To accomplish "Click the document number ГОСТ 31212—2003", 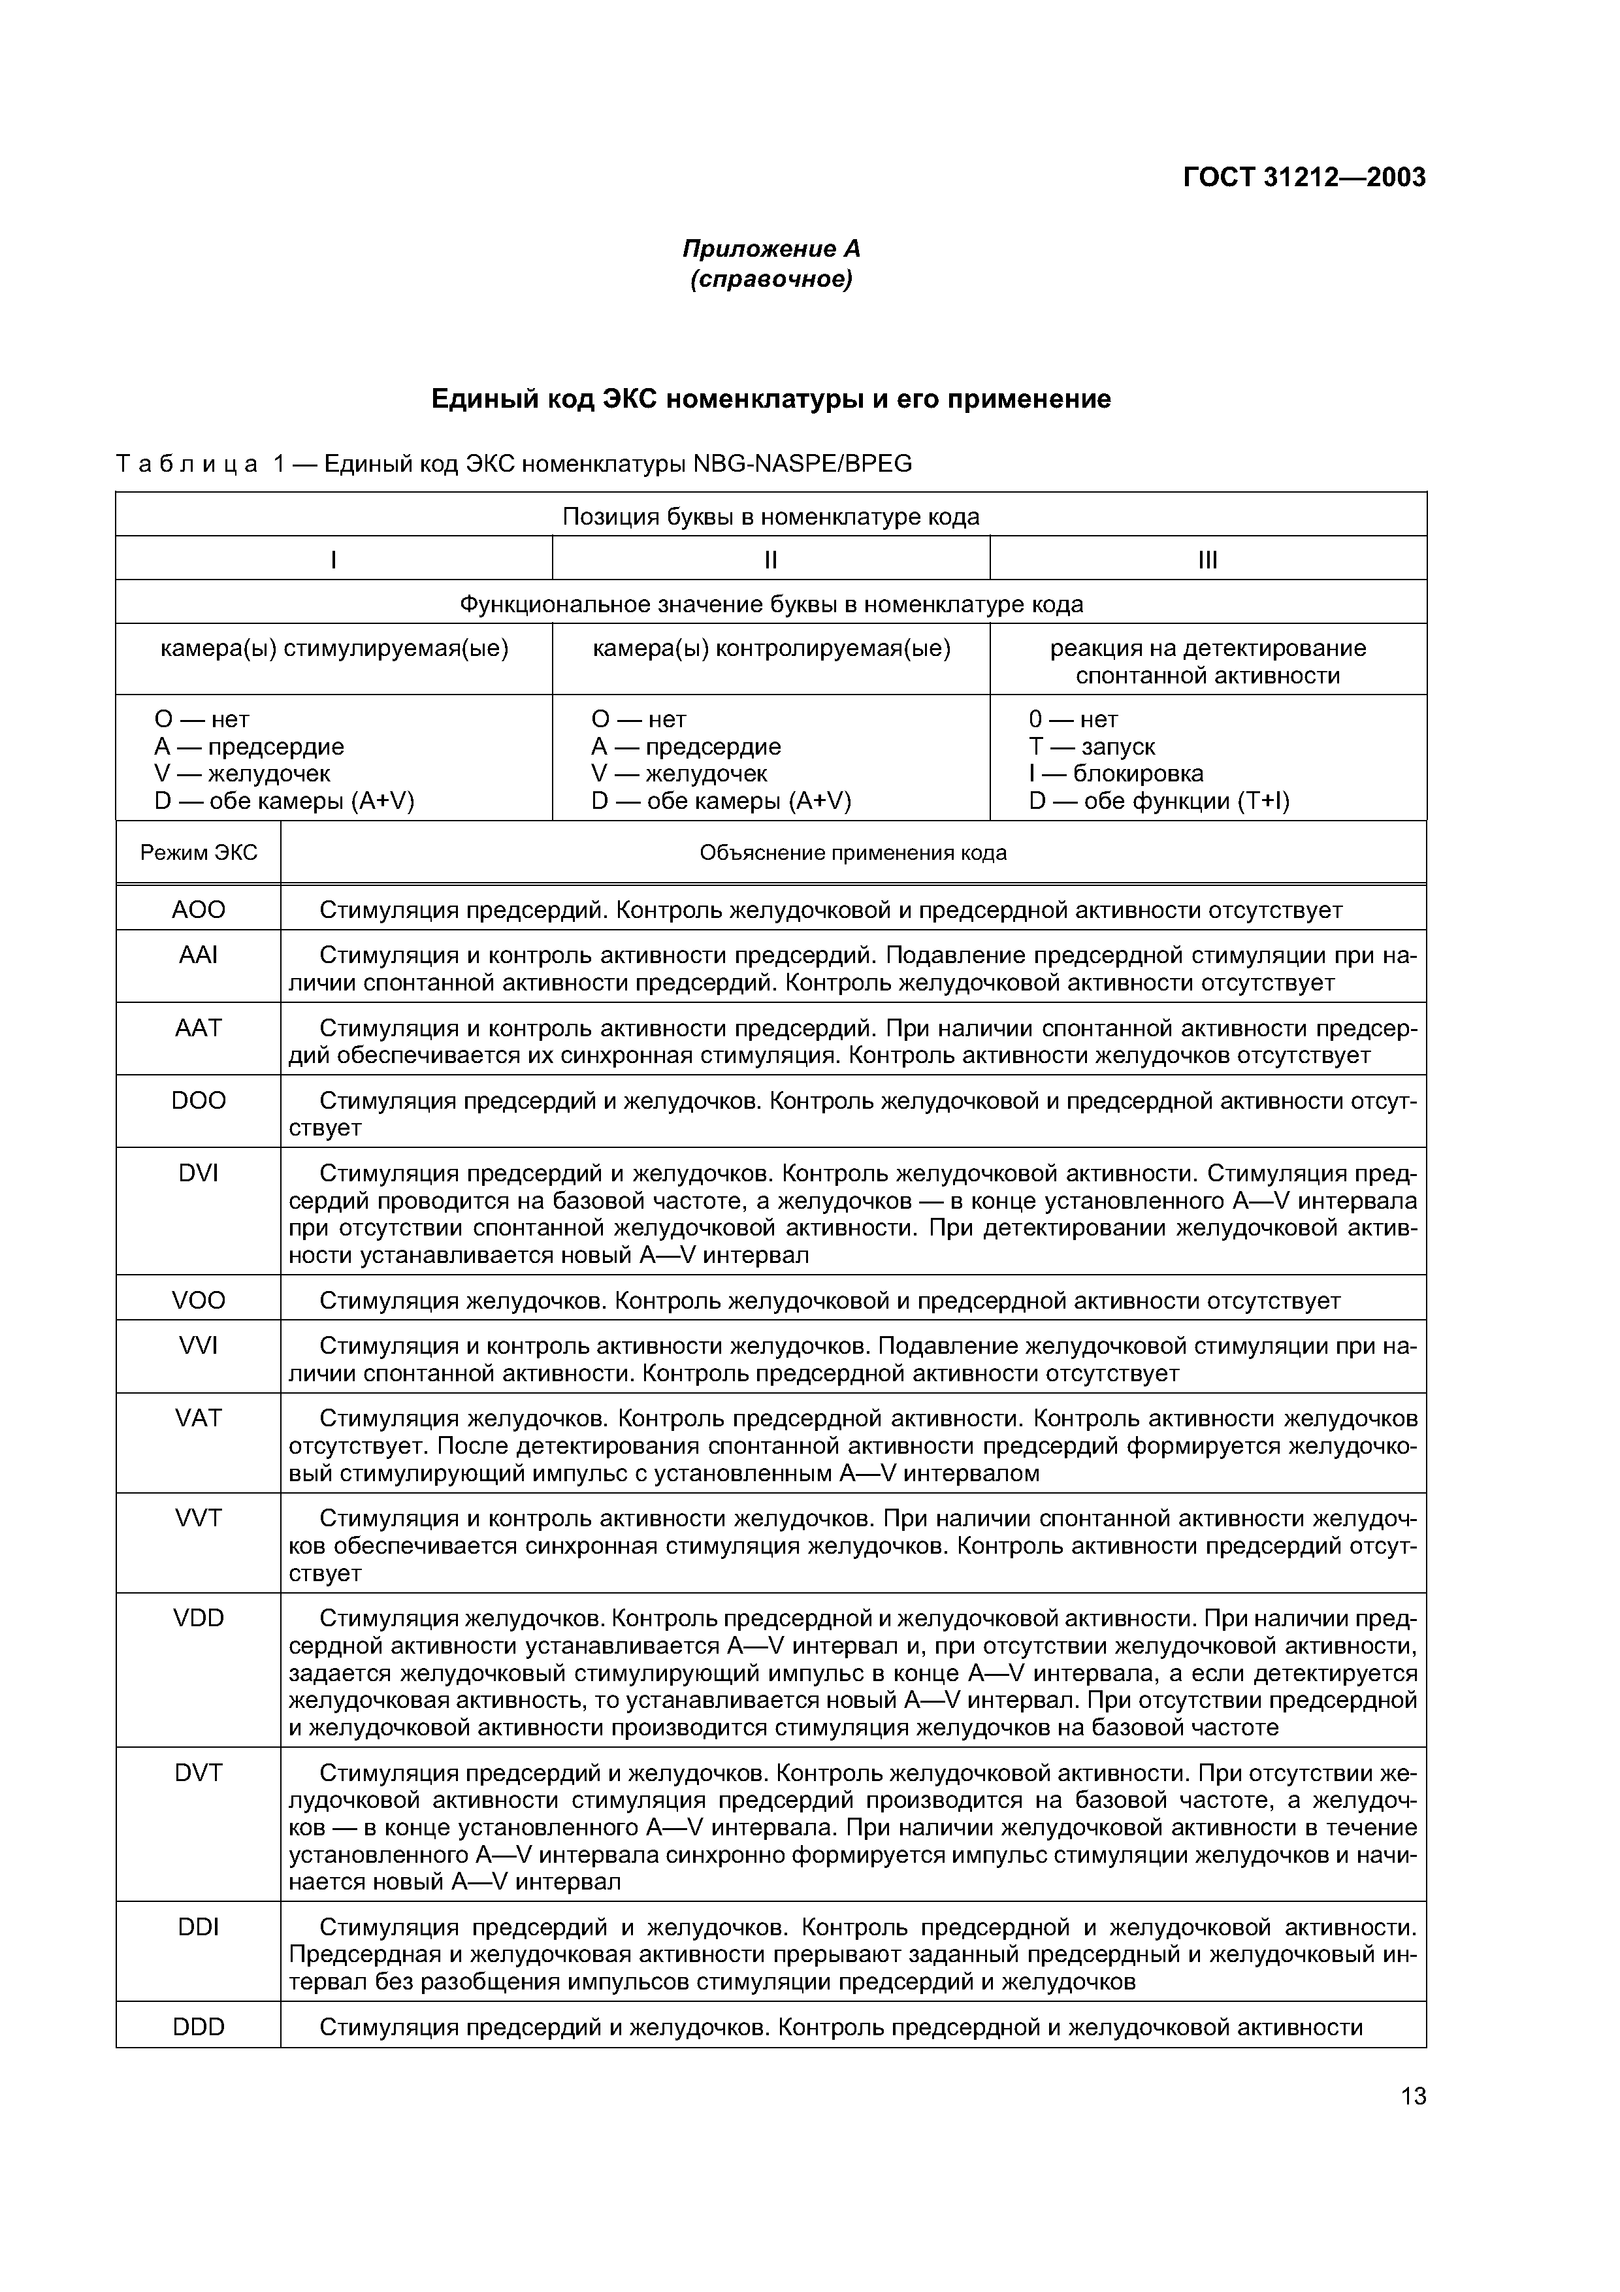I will tap(1304, 178).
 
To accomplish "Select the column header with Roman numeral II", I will tap(771, 560).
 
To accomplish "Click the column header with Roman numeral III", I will tap(1208, 560).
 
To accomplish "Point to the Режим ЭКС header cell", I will tap(199, 853).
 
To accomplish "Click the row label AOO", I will tap(199, 909).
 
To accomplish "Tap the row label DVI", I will tap(199, 1173).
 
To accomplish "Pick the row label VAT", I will tap(199, 1418).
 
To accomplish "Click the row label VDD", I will tap(199, 1617).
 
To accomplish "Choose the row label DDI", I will tap(199, 1927).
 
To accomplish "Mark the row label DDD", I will tap(199, 2027).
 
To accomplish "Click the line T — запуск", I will tap(1092, 747).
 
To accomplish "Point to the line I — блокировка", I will tap(1116, 774).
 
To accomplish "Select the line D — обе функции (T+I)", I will tap(1159, 800).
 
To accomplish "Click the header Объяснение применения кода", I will tap(852, 853).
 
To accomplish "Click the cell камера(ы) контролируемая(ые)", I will tap(771, 649).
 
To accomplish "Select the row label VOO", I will tap(199, 1300).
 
